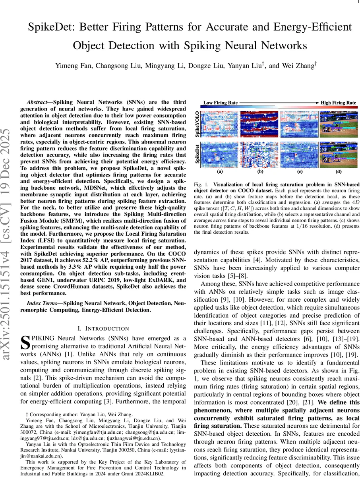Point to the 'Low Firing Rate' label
point(221,103)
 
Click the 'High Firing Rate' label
point(339,103)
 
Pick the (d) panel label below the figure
point(338,173)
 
